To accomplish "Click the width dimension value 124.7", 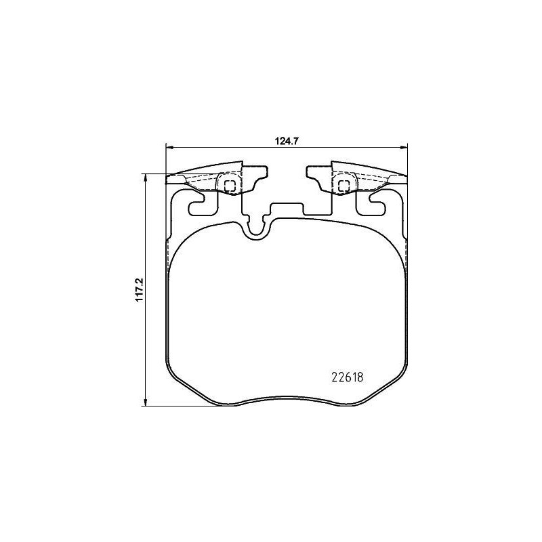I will click(286, 142).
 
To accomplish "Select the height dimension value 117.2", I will click(140, 290).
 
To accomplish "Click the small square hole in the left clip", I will click(229, 184).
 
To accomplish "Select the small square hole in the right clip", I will click(343, 184).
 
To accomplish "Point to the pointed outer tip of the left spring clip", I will click(169, 180).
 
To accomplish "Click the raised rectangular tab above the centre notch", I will click(287, 207).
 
